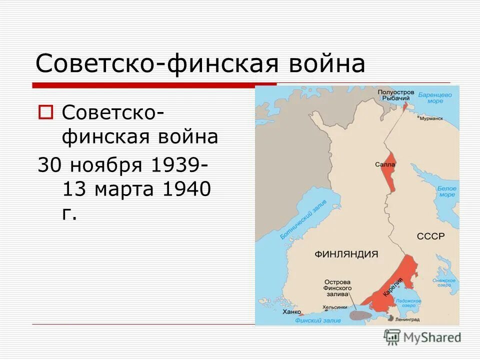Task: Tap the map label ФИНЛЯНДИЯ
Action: (x=346, y=253)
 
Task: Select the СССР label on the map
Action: (x=430, y=236)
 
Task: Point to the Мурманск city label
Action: (x=431, y=119)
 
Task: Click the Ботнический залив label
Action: (x=303, y=219)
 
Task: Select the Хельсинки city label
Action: (x=335, y=307)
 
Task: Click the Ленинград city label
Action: (x=407, y=318)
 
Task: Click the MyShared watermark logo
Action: (x=422, y=337)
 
